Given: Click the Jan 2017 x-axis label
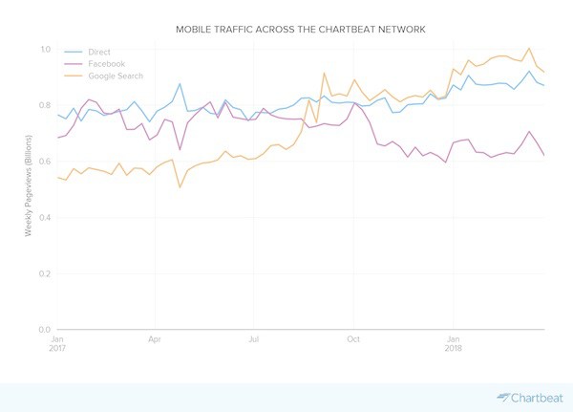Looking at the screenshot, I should pyautogui.click(x=57, y=343).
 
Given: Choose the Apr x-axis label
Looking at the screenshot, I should pyautogui.click(x=155, y=339).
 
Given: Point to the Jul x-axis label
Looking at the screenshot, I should pyautogui.click(x=253, y=339).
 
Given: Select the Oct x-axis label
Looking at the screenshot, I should pyautogui.click(x=352, y=339).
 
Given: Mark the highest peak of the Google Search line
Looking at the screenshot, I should pyautogui.click(x=528, y=48).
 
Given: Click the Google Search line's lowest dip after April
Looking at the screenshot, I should pyautogui.click(x=180, y=186).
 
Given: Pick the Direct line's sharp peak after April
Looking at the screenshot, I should pyautogui.click(x=180, y=84).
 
